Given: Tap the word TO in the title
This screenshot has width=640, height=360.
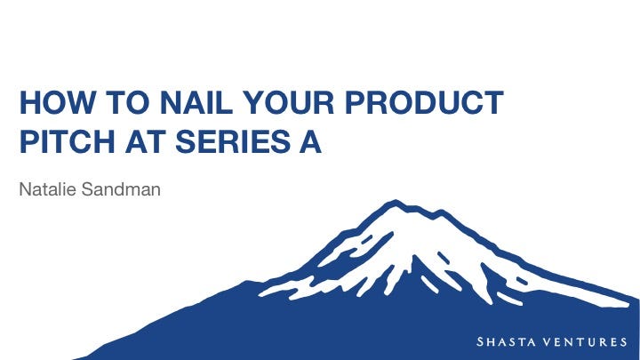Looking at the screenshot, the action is pos(128,102).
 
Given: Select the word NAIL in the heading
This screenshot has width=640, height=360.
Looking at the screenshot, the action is pos(196,102).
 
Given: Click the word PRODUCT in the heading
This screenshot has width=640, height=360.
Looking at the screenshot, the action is pos(424,102).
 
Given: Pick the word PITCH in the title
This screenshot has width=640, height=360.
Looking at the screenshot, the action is pos(68,141).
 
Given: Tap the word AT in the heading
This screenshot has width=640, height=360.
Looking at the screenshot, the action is pos(145,141).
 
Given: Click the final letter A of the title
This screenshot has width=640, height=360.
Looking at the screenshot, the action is pos(310,141).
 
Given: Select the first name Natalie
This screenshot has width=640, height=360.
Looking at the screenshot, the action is pos(48,189).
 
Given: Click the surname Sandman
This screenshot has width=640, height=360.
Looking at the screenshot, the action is pos(121,189).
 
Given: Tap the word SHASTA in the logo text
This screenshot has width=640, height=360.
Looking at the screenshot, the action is pos(506,341).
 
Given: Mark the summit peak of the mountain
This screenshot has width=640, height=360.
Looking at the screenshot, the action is pos(395,201).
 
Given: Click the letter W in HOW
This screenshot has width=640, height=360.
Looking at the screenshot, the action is pos(81,102).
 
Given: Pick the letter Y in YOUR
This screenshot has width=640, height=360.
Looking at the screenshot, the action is pos(253,102).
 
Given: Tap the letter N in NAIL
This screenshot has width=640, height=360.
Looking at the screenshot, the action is pos(171,102).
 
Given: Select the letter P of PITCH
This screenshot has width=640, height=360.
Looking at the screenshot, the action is pos(28,141).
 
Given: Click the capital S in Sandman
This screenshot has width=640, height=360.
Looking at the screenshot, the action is pos(87,189).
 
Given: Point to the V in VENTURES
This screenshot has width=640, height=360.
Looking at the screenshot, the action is pos(549,341).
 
